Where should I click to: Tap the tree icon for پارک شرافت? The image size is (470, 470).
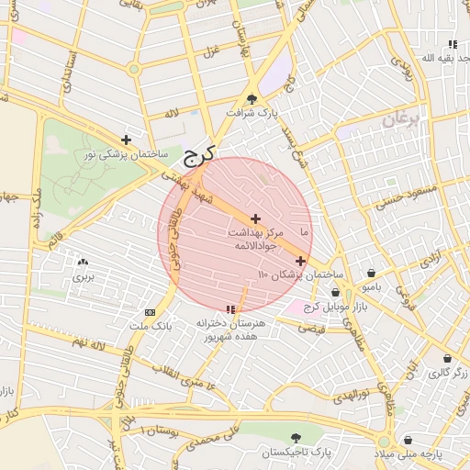point(252,100)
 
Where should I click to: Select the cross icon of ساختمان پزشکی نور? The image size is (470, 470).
point(126,140)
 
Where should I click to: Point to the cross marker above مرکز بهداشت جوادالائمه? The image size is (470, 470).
point(254,218)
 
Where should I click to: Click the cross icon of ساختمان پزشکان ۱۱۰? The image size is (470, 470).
point(300,261)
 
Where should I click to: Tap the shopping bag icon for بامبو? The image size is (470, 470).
point(371,273)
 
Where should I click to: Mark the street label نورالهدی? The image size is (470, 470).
point(351,394)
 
